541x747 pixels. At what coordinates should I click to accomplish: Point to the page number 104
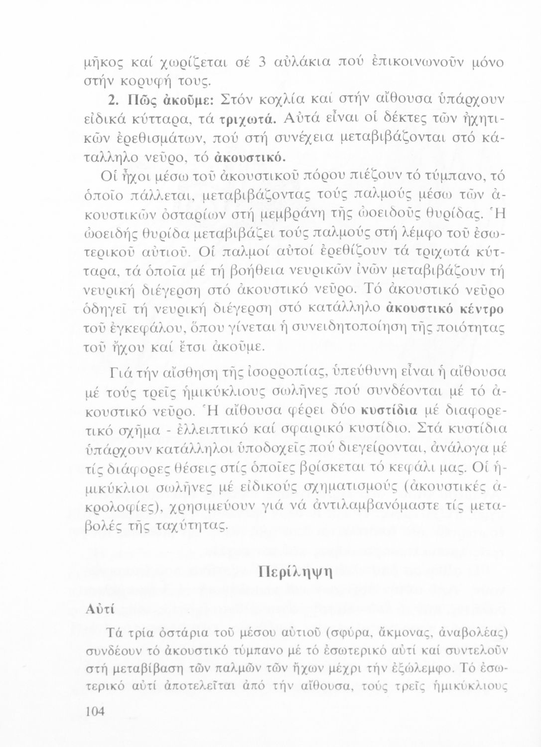click(94, 711)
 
